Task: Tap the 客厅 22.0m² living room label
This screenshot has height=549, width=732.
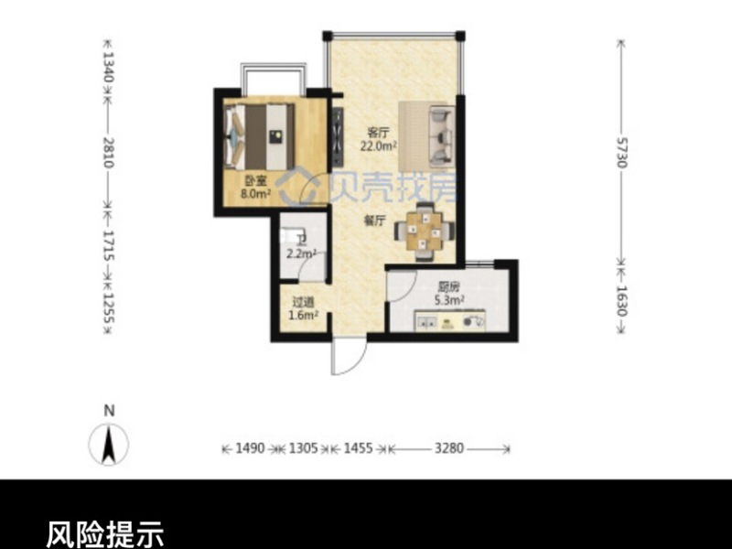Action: (x=379, y=138)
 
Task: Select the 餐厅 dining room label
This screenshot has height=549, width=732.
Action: (x=373, y=221)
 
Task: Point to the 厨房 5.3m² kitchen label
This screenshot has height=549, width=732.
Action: (x=448, y=292)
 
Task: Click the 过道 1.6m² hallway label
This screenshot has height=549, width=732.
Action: (x=304, y=309)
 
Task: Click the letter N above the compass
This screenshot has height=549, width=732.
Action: (x=108, y=411)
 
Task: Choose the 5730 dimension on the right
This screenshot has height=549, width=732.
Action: (x=621, y=152)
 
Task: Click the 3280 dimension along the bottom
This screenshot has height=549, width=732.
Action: (x=448, y=449)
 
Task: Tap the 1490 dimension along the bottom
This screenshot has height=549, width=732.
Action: (x=250, y=449)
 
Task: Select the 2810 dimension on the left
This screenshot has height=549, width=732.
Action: (x=108, y=151)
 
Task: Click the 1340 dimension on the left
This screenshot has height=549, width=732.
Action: (x=108, y=66)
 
